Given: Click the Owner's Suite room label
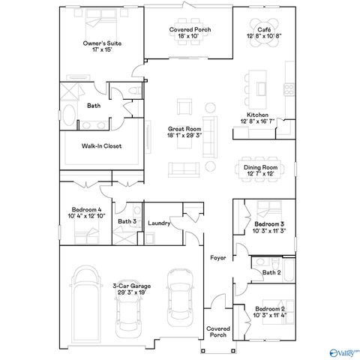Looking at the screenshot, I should pyautogui.click(x=102, y=46).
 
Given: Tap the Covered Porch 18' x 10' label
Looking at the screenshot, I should pyautogui.click(x=190, y=32).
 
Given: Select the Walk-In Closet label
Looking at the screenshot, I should pyautogui.click(x=101, y=146).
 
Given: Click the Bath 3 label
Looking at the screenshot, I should pyautogui.click(x=127, y=222).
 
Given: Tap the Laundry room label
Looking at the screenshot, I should pyautogui.click(x=159, y=223).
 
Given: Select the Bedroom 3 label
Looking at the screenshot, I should pyautogui.click(x=268, y=228).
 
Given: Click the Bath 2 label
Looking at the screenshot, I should pyautogui.click(x=271, y=273).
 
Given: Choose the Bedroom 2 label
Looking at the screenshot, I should pyautogui.click(x=268, y=312).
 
